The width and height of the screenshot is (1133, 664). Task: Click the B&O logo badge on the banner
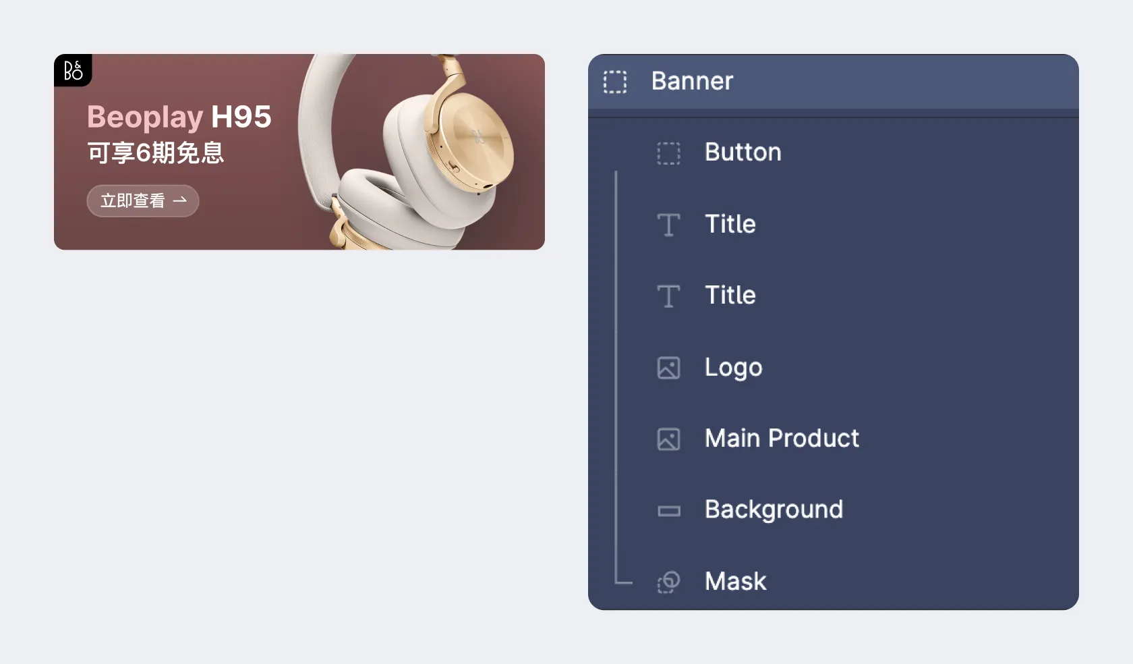73,70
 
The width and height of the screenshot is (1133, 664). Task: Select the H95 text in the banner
241,117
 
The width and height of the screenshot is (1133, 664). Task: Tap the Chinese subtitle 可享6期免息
155,153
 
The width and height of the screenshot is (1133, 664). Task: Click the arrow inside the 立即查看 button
179,200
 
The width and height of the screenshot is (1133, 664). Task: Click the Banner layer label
692,81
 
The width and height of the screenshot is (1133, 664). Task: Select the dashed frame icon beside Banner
615,82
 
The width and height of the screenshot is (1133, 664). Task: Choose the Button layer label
743,153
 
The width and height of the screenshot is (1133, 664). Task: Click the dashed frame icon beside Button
669,153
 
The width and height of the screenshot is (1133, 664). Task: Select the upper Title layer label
730,224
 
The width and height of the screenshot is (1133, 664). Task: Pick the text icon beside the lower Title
669,296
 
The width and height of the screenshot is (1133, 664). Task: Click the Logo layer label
734,367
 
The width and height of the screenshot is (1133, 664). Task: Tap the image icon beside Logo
669,368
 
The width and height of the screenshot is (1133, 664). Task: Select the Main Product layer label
782,439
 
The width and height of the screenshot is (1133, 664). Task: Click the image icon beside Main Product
669,439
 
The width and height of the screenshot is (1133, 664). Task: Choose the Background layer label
774,509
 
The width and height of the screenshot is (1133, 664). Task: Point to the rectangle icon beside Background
669,511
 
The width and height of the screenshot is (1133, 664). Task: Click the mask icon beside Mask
669,582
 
